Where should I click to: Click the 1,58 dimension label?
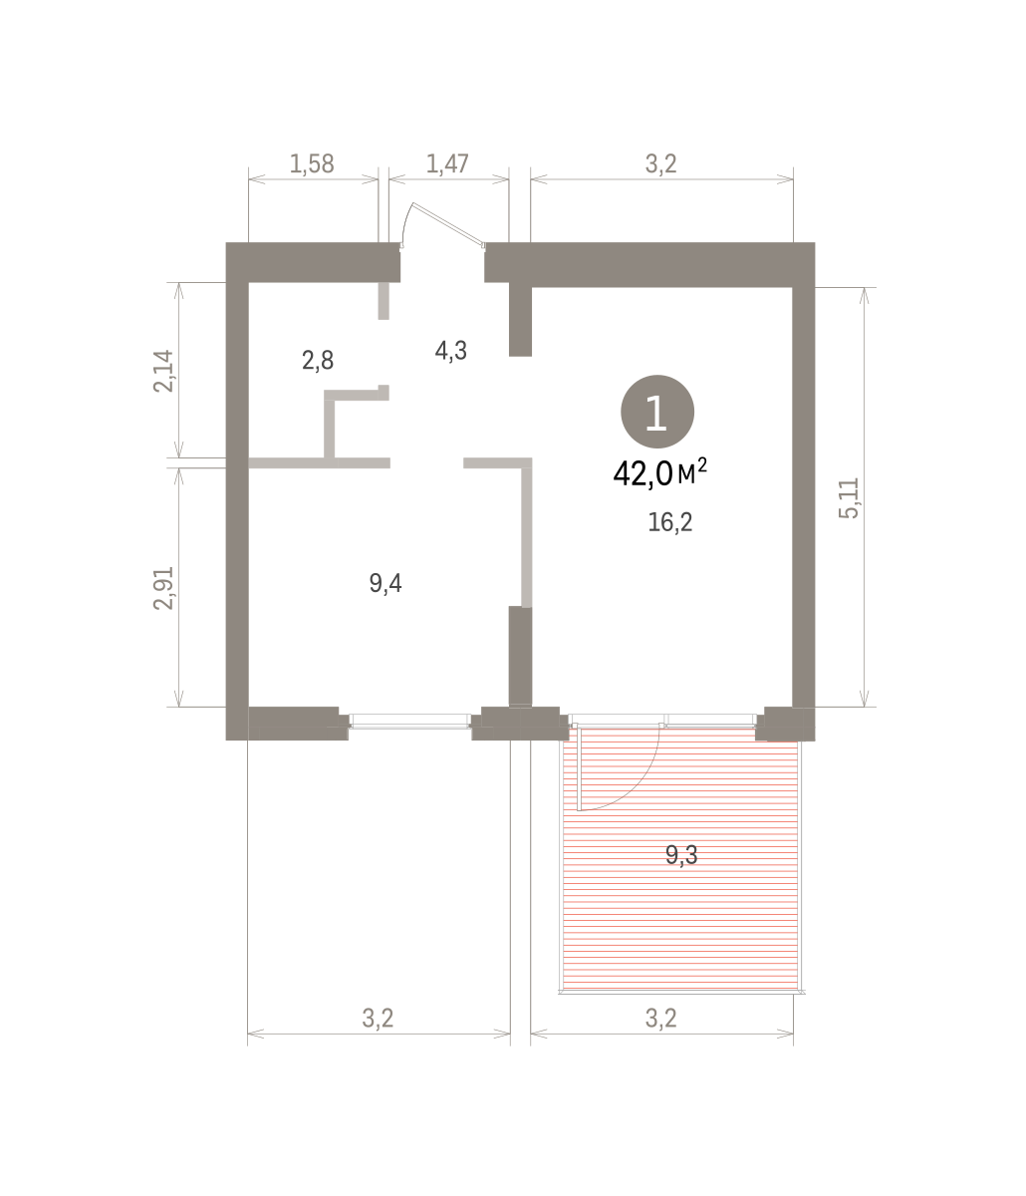point(311,164)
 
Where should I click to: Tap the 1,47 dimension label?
point(447,164)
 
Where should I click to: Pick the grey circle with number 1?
point(657,412)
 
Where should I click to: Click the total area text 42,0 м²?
point(659,472)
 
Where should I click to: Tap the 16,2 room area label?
point(669,522)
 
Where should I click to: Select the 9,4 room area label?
point(385,583)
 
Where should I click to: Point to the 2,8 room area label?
point(318,361)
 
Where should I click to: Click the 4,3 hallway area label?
point(450,350)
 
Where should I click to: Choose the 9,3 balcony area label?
point(681,854)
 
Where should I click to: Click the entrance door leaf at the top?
point(448,224)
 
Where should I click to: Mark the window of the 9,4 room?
point(410,721)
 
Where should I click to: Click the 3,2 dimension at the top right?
point(660,164)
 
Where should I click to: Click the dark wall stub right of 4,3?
point(520,319)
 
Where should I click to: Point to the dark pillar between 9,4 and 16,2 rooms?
point(520,657)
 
